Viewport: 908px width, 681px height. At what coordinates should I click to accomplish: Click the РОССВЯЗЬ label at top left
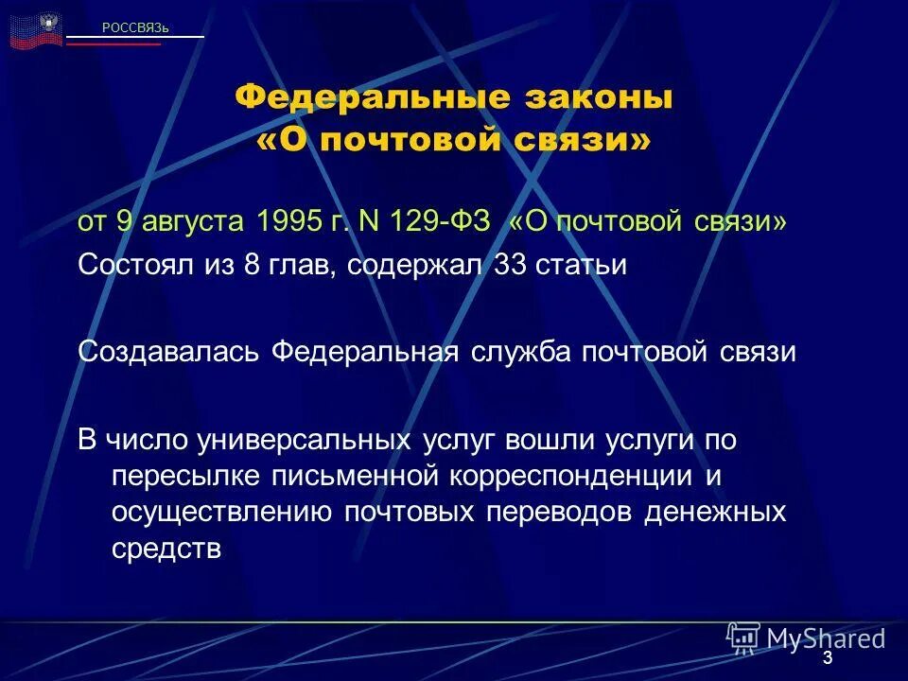point(135,27)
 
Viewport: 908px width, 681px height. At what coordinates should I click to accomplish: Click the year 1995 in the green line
point(285,221)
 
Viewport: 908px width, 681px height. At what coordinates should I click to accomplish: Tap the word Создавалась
point(169,352)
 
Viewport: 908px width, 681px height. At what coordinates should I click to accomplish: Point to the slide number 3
point(828,658)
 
